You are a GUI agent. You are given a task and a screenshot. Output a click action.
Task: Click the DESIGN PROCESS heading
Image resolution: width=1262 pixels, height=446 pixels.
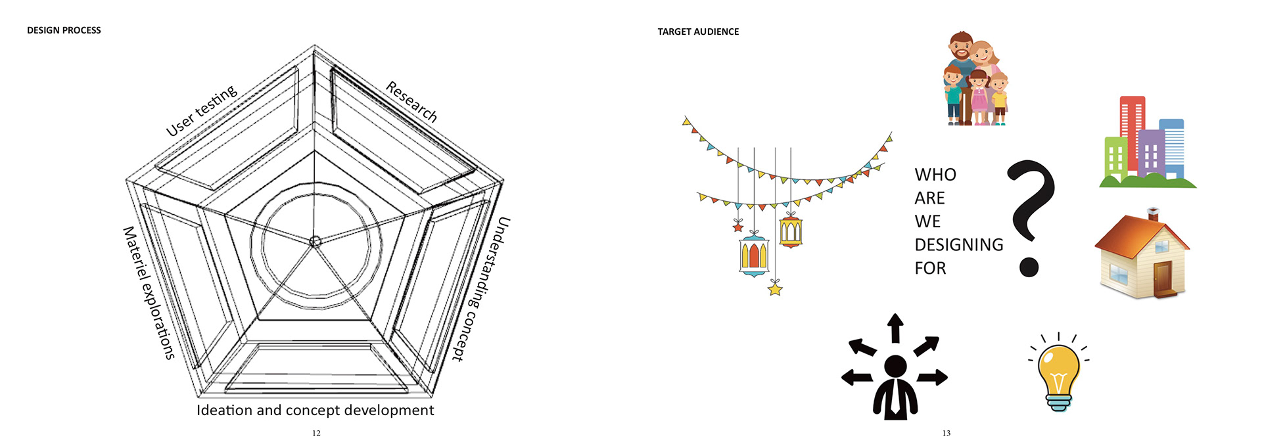pyautogui.click(x=64, y=30)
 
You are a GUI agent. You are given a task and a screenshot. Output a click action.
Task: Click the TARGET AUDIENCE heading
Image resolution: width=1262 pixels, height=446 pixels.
pyautogui.click(x=698, y=32)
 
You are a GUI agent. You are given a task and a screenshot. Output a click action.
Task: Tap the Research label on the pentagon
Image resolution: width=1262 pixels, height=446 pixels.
pyautogui.click(x=411, y=102)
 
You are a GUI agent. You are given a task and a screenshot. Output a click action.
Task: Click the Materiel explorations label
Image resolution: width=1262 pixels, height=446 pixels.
pyautogui.click(x=149, y=293)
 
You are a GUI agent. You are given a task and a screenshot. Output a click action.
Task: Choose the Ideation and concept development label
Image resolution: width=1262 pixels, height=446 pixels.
pyautogui.click(x=315, y=411)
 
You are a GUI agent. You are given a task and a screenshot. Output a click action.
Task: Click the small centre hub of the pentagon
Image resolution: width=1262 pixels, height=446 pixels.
pyautogui.click(x=315, y=242)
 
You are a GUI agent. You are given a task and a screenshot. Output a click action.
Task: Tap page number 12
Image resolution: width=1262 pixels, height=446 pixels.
pyautogui.click(x=316, y=433)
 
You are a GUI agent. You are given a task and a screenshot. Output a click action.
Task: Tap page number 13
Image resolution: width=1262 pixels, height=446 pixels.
pyautogui.click(x=946, y=433)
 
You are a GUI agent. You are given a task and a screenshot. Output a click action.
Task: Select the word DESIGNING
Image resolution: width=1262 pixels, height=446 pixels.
pyautogui.click(x=958, y=245)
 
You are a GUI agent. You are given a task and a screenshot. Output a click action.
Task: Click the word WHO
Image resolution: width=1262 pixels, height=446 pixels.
pyautogui.click(x=935, y=175)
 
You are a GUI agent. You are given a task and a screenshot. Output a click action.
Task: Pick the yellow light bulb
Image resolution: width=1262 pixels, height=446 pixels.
pyautogui.click(x=1058, y=374)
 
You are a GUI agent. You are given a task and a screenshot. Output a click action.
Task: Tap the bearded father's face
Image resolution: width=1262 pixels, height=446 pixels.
pyautogui.click(x=962, y=49)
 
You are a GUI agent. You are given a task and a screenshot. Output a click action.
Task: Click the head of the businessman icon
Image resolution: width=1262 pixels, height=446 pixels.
pyautogui.click(x=895, y=367)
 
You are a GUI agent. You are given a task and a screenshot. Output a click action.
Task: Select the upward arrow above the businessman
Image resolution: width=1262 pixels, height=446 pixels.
pyautogui.click(x=895, y=327)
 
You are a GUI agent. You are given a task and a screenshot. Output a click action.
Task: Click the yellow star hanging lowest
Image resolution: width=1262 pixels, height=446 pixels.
pyautogui.click(x=776, y=288)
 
